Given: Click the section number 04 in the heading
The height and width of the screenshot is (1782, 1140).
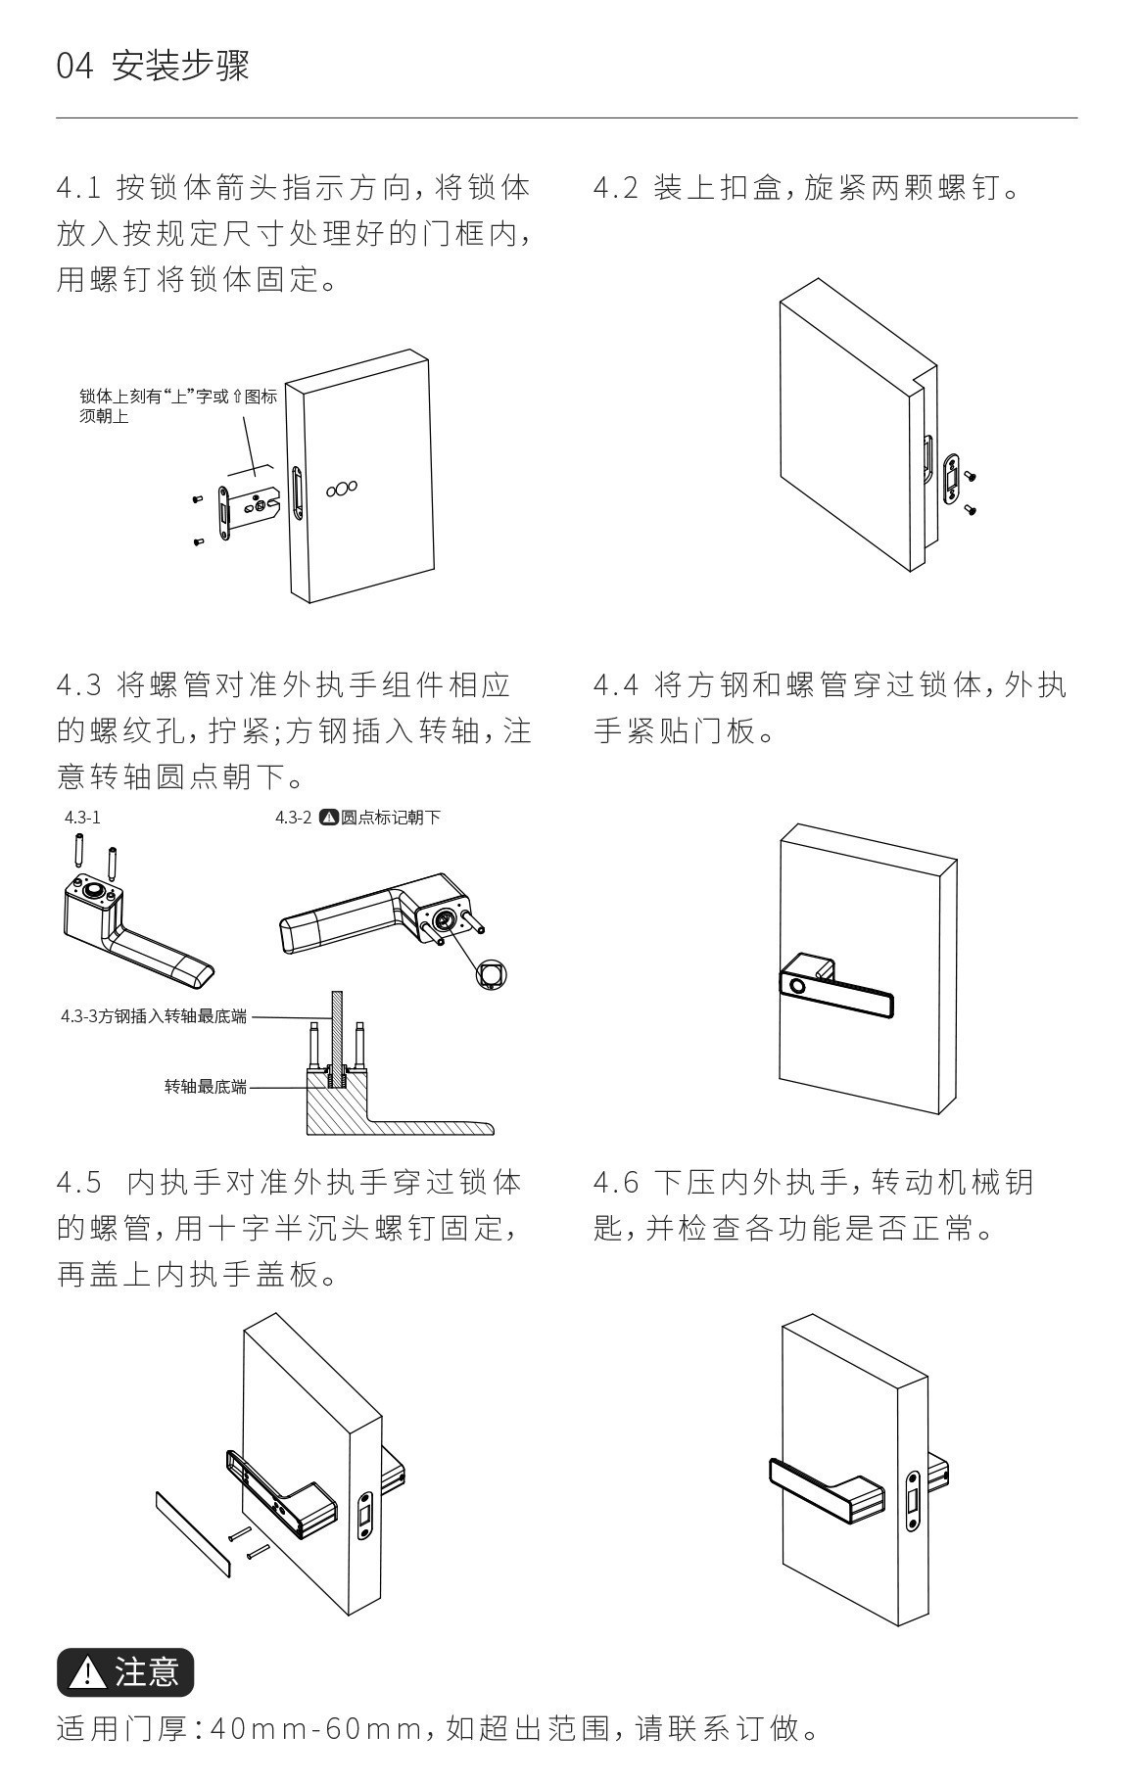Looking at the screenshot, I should [x=74, y=67].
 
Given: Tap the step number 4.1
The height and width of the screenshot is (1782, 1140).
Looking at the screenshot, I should [x=79, y=187].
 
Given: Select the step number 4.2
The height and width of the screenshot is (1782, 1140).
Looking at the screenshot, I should [x=616, y=187].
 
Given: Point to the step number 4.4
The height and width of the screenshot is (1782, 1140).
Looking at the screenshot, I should [x=616, y=685].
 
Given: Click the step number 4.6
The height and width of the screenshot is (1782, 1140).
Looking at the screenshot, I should [x=616, y=1183].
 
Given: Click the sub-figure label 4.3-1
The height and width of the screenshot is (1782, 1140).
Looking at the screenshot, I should [x=82, y=817].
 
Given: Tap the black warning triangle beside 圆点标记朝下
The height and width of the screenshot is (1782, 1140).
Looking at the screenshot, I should [x=330, y=817].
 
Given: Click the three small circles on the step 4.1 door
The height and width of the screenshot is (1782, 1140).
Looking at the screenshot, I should [x=342, y=487].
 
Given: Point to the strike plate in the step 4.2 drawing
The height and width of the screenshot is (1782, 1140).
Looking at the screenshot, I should [x=950, y=479].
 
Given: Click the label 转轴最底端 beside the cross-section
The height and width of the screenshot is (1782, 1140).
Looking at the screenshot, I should [x=206, y=1087].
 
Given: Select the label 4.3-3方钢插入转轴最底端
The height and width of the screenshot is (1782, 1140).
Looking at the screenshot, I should [x=154, y=1016].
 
